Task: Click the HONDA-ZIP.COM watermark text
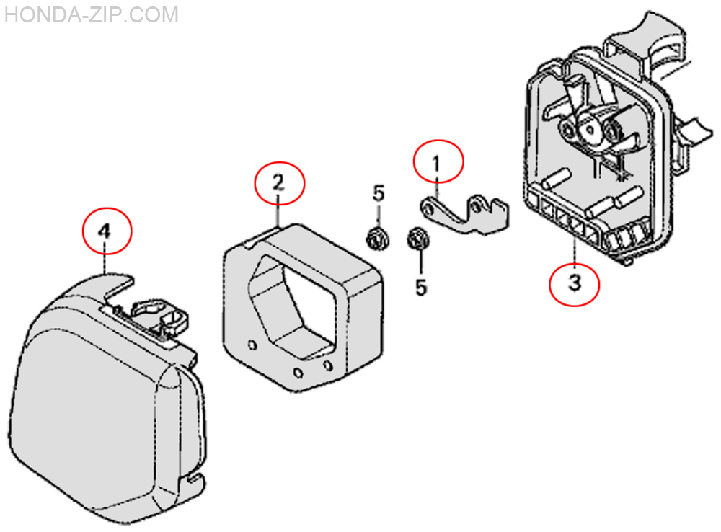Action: (x=91, y=14)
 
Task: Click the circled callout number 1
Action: (x=438, y=160)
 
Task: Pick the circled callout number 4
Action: (x=107, y=231)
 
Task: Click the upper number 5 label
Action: (x=379, y=194)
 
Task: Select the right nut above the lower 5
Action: (x=415, y=238)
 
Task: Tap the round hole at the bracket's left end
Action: (x=429, y=208)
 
